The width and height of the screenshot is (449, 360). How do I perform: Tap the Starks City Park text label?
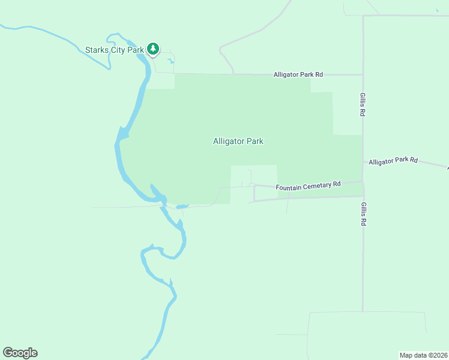(x=113, y=50)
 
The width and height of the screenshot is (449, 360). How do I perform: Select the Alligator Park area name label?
(x=238, y=142)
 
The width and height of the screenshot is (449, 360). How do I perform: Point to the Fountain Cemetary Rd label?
(x=308, y=186)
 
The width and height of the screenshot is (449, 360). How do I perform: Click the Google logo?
(x=20, y=353)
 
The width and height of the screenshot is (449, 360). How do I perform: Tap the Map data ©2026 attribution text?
(x=423, y=355)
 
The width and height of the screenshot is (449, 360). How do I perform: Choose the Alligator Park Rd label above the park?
(x=298, y=74)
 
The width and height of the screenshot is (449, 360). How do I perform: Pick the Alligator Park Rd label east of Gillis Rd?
(x=393, y=161)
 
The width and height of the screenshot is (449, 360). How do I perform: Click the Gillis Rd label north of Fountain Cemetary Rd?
(x=363, y=104)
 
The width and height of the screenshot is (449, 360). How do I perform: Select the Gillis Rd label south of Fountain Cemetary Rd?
(x=363, y=214)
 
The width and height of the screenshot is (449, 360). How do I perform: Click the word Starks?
(x=96, y=50)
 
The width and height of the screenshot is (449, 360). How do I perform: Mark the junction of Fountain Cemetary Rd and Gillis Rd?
(x=363, y=181)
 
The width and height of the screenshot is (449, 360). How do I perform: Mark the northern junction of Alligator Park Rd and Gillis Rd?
(x=363, y=75)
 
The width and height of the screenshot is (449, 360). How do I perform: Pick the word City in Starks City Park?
(x=117, y=50)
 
